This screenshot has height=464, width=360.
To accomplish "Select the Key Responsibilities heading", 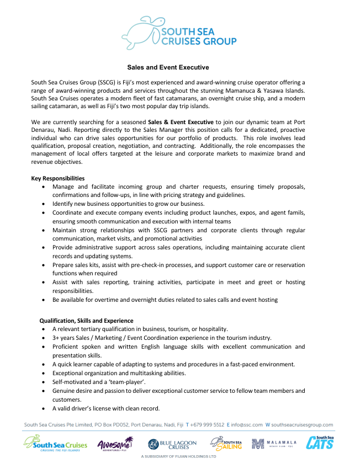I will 58,178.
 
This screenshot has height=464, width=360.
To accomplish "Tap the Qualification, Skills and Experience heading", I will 86,320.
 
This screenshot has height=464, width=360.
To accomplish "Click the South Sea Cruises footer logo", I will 56,444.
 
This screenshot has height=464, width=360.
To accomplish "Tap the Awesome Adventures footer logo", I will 115,444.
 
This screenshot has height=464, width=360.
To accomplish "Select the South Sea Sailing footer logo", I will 226,444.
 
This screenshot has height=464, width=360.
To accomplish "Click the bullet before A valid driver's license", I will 44,408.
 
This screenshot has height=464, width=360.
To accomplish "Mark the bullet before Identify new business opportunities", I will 44,204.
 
